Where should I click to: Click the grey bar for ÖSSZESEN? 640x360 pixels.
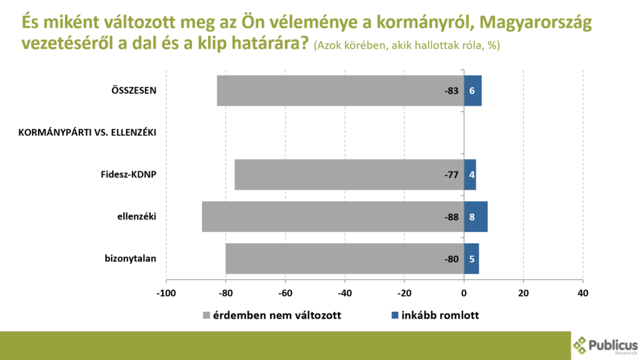(331, 91)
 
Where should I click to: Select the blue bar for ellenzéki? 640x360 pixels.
(476, 217)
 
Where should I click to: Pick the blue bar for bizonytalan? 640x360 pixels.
(471, 259)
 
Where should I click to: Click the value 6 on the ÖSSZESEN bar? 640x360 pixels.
(472, 91)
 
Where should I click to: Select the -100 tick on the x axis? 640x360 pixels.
(166, 292)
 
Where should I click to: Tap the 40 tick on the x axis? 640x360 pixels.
(582, 292)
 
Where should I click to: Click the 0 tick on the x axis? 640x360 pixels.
(464, 292)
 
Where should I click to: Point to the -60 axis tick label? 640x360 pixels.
(285, 292)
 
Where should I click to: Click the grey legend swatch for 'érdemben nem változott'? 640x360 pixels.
(206, 315)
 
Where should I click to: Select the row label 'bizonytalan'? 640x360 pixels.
(130, 259)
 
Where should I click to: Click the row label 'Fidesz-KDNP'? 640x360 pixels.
(128, 174)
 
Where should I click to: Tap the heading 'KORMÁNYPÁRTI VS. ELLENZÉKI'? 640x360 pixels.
(87, 132)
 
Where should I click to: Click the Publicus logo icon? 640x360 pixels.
(581, 345)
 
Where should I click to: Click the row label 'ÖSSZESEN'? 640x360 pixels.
(129, 91)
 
